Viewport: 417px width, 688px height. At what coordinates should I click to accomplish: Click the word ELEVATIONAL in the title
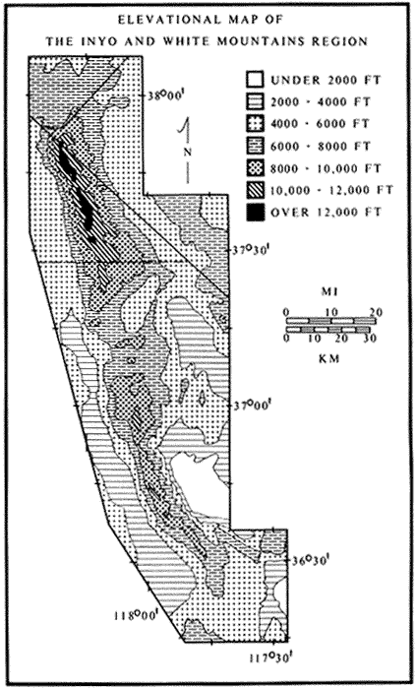click(160, 21)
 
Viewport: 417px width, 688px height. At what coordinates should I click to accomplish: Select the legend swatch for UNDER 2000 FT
click(255, 81)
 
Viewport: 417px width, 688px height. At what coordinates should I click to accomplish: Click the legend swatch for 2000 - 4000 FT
click(255, 102)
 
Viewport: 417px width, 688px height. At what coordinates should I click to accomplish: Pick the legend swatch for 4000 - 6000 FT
click(255, 124)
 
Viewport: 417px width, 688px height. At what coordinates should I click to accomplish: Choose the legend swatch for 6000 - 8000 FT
click(255, 146)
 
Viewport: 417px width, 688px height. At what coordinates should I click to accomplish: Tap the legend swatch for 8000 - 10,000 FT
click(255, 168)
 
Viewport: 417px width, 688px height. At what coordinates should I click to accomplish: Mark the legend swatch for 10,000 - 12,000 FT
click(255, 190)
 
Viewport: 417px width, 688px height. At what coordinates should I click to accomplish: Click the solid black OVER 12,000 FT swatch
click(255, 213)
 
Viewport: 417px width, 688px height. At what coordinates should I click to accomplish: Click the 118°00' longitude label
click(136, 615)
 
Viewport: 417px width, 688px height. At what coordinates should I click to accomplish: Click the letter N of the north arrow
click(188, 152)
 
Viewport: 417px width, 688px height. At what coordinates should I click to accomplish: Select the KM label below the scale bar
click(330, 358)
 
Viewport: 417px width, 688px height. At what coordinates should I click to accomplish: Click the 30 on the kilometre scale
click(370, 339)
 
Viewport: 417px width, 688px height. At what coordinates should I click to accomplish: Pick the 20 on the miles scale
click(376, 312)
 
